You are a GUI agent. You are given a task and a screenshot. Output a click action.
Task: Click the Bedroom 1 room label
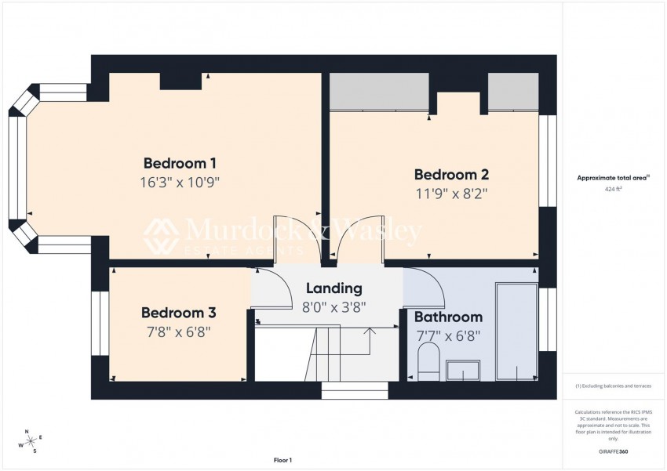[x=180, y=163]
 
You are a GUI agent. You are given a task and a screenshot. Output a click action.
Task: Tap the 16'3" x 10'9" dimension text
[x=180, y=183]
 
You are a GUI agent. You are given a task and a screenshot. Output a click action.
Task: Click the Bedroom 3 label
[x=179, y=313]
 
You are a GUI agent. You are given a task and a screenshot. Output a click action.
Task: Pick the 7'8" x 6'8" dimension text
[x=179, y=332]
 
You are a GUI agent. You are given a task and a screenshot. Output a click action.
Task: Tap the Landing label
[x=334, y=288]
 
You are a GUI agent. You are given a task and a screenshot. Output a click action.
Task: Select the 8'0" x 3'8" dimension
[x=334, y=307]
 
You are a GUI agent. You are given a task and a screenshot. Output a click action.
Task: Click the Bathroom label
[x=448, y=317]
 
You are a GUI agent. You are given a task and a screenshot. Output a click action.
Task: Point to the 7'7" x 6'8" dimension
[x=448, y=335]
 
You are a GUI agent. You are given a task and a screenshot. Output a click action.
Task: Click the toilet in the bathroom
[x=428, y=365]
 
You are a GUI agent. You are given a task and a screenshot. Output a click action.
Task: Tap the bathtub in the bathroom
[x=516, y=329]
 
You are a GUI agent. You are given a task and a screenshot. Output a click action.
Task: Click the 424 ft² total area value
[x=614, y=190]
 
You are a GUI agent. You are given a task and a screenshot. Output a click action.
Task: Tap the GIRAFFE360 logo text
[x=613, y=451]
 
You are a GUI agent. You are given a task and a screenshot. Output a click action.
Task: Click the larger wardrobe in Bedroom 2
[x=379, y=92]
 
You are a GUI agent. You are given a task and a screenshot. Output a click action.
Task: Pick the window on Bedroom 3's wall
[x=98, y=324]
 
